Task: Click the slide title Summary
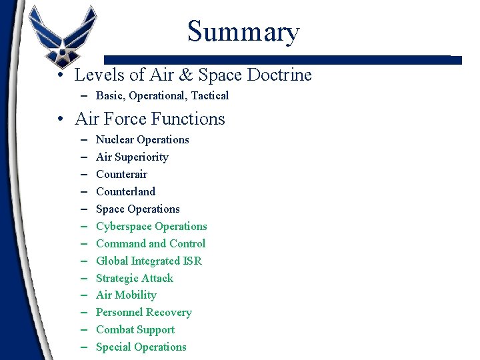(x=243, y=31)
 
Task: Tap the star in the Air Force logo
(x=63, y=49)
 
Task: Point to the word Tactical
(x=207, y=95)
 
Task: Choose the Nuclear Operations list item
(x=142, y=139)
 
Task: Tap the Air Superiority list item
(x=132, y=157)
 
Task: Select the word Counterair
(x=121, y=174)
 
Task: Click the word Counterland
(x=125, y=191)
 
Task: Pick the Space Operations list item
(x=137, y=209)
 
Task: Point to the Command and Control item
(x=150, y=243)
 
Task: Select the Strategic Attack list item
(x=134, y=278)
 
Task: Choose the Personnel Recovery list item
(x=143, y=312)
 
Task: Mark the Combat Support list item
(x=135, y=329)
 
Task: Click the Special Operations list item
(x=141, y=347)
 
